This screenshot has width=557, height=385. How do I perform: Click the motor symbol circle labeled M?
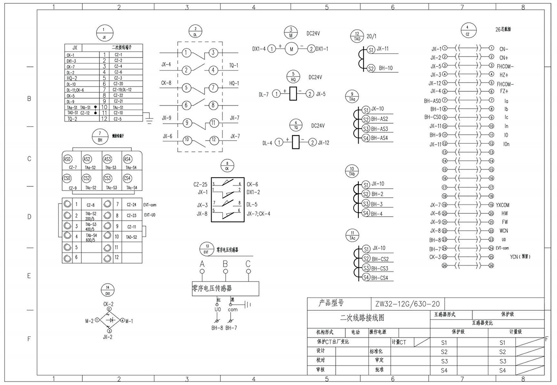[x=291, y=48]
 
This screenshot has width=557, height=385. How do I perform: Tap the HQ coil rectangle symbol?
[x=293, y=94]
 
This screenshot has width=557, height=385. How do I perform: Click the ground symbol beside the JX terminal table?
[x=149, y=122]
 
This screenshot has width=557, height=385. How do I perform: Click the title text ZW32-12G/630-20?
[x=405, y=304]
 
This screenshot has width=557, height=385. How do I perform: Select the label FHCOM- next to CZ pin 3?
[x=505, y=66]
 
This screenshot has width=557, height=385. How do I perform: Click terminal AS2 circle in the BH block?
[x=87, y=159]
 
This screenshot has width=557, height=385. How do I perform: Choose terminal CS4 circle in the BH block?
[x=127, y=178]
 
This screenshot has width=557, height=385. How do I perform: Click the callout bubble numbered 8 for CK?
[x=227, y=166]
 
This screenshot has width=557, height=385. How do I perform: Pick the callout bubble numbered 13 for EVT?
[x=207, y=248]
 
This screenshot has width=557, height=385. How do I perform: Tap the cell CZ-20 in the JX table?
[x=118, y=83]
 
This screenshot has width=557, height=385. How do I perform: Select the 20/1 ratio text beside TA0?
[x=372, y=36]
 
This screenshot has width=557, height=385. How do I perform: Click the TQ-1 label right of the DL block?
[x=234, y=65]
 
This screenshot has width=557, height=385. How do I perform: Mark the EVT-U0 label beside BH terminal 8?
[x=149, y=215]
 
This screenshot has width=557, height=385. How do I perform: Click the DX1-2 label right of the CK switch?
[x=253, y=192]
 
